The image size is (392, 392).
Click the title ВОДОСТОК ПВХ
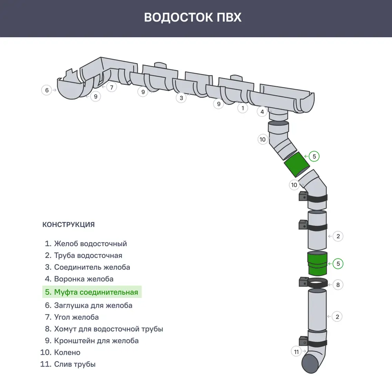(x=192, y=18)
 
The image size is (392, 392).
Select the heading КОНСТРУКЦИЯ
(x=68, y=225)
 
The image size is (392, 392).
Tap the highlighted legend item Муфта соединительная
(x=92, y=292)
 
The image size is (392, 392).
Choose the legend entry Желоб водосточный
(x=86, y=243)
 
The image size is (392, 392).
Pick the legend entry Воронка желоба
(x=79, y=279)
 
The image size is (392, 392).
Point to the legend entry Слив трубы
(x=68, y=364)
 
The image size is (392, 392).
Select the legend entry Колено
(x=61, y=352)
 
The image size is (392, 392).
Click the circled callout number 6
(x=47, y=90)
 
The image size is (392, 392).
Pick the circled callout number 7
(x=112, y=87)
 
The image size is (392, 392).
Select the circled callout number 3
(x=181, y=98)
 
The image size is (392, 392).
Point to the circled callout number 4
(x=262, y=112)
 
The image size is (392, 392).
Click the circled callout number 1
(x=243, y=108)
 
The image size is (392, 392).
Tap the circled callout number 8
(x=338, y=285)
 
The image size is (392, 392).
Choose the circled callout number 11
(x=296, y=352)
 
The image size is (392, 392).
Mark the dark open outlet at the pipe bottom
(x=311, y=363)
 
